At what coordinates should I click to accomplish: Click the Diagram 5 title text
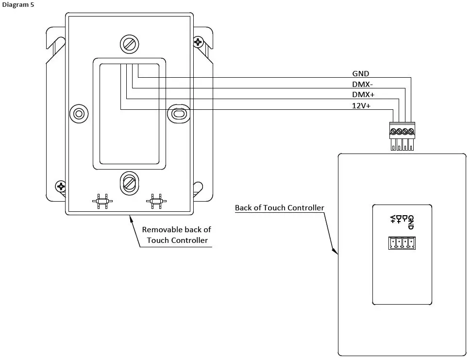[x=18, y=4]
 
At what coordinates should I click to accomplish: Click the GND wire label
[x=361, y=74]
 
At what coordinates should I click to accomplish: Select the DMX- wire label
[x=362, y=84]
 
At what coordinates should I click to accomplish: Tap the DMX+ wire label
[x=363, y=94]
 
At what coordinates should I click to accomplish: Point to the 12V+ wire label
[x=361, y=105]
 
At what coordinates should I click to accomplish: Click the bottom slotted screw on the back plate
[x=129, y=182]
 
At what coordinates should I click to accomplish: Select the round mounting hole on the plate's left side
[x=79, y=114]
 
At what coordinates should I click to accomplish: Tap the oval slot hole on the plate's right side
[x=179, y=114]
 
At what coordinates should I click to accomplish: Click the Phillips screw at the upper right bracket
[x=198, y=43]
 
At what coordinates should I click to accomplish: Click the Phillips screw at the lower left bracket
[x=60, y=186]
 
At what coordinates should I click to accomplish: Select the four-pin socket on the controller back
[x=402, y=243]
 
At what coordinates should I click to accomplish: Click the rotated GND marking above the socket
[x=411, y=223]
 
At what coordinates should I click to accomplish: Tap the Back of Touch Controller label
[x=279, y=207]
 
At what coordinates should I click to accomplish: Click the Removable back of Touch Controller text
[x=177, y=235]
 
